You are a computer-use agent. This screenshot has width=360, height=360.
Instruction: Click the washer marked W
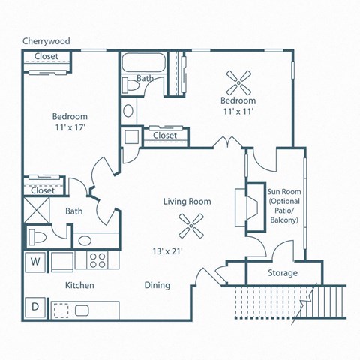[35, 262]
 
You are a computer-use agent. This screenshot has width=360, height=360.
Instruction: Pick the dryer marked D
[35, 306]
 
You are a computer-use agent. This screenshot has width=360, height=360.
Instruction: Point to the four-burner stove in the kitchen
[98, 260]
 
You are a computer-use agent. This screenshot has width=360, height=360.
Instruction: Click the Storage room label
[283, 273]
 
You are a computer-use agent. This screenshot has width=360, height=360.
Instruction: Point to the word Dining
[157, 285]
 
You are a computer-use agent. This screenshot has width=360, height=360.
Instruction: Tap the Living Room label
[187, 201]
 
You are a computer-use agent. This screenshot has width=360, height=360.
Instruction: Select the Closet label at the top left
[46, 56]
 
